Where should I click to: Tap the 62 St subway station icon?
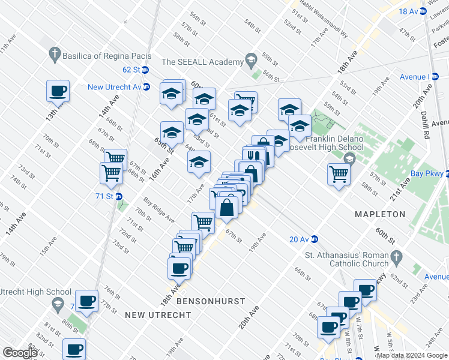point(145,70)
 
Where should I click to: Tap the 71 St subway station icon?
point(119,196)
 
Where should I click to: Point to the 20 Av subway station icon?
point(315,239)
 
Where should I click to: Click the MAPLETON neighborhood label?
point(379,214)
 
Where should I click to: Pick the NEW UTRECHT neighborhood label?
point(152,315)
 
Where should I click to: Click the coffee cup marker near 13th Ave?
point(58,92)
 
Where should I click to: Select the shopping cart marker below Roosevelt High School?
point(339,174)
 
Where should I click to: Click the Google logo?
point(20,352)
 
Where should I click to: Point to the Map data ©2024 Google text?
point(411,355)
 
